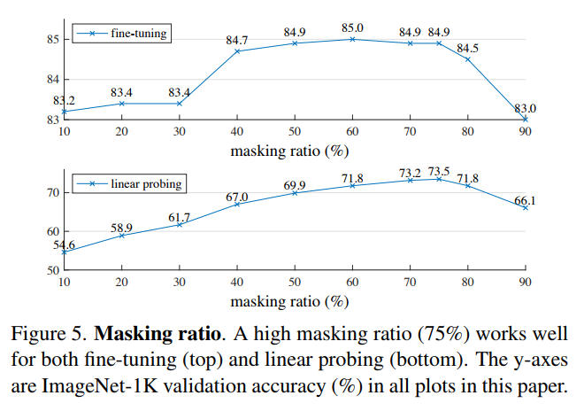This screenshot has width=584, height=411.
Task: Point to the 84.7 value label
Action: point(237,41)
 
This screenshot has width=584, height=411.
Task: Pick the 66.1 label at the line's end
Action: point(526,200)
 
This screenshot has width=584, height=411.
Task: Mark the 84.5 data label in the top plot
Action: point(468,48)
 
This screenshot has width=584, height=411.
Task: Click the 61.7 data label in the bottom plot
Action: point(181,214)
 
